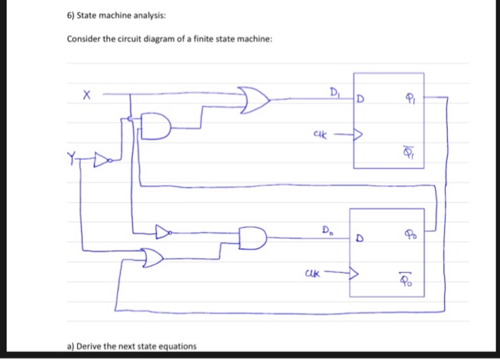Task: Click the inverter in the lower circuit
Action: pos(164,231)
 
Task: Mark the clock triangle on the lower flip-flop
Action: pos(353,272)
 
